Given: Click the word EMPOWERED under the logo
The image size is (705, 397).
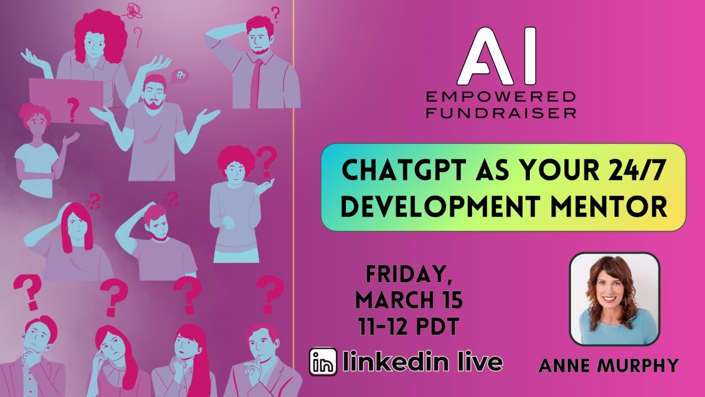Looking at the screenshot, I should coord(501,98).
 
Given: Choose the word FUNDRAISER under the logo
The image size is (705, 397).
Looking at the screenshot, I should coord(501,112).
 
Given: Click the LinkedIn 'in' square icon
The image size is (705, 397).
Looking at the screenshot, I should coord(323,362).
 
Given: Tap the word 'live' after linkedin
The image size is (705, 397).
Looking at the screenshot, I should coord(476,362).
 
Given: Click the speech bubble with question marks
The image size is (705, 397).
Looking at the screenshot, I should coord(180,76).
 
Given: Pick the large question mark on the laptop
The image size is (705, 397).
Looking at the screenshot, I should coord(72,109).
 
